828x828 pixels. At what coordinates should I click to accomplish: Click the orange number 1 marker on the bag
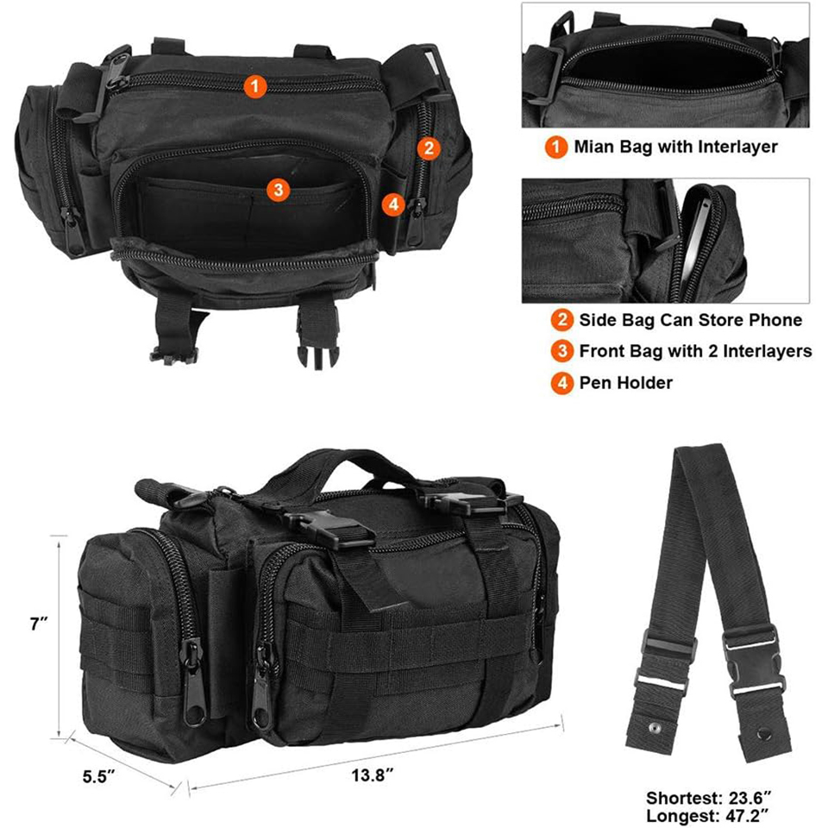tap(255, 86)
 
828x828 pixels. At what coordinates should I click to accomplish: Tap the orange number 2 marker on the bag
tap(429, 148)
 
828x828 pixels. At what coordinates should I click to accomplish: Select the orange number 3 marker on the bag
tap(279, 190)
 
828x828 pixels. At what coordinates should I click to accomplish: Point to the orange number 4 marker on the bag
tap(393, 204)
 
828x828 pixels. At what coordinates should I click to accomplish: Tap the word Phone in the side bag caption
tap(775, 320)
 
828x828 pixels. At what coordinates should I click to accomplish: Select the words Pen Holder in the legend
tap(626, 383)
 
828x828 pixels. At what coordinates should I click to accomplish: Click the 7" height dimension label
tap(39, 624)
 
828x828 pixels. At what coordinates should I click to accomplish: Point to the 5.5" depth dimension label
tap(98, 777)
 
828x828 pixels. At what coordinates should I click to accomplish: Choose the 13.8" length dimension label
tap(373, 775)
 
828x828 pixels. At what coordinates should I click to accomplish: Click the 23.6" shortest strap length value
tap(750, 797)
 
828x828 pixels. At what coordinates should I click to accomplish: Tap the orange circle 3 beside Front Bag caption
tap(561, 351)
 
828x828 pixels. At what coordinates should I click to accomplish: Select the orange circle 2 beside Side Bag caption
tap(561, 320)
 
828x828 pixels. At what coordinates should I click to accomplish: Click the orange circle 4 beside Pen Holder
tap(561, 383)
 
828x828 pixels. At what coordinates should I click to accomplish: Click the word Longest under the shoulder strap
tap(682, 817)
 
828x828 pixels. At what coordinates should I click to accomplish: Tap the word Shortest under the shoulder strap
tap(684, 797)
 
